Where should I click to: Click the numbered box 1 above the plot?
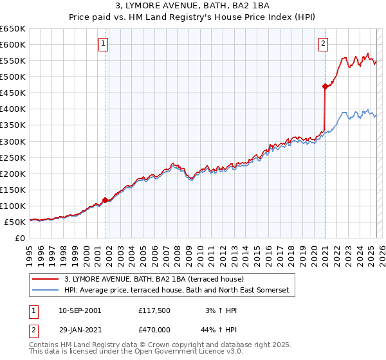click(x=104, y=44)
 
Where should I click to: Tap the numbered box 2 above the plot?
click(x=322, y=44)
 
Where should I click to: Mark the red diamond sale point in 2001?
click(x=105, y=200)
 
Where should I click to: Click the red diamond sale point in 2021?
click(x=326, y=86)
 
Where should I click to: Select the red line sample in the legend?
click(x=46, y=280)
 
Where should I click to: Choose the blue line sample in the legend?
click(x=46, y=291)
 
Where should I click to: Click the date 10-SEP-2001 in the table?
click(x=80, y=310)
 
